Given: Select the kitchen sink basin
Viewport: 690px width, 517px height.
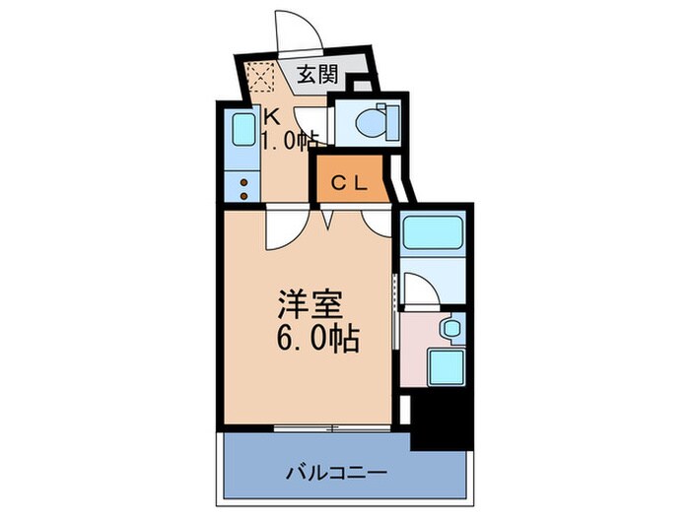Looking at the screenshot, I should pyautogui.click(x=241, y=132).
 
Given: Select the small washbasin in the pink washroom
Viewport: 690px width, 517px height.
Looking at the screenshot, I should pyautogui.click(x=450, y=328).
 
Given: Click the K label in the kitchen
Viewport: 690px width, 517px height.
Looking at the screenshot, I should pyautogui.click(x=266, y=113).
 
